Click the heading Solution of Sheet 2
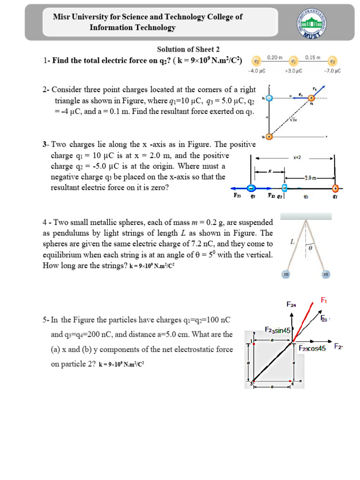[188, 49]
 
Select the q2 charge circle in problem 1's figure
[256, 61]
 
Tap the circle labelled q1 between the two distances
[293, 61]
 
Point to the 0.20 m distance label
[275, 57]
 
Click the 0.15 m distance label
[312, 57]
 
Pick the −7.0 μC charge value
[332, 71]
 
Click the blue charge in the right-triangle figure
[269, 98]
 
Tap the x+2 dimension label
[297, 157]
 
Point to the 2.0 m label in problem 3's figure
[310, 178]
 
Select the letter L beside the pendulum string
[292, 242]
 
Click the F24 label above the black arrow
[291, 304]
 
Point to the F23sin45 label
[278, 330]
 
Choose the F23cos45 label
[312, 348]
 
